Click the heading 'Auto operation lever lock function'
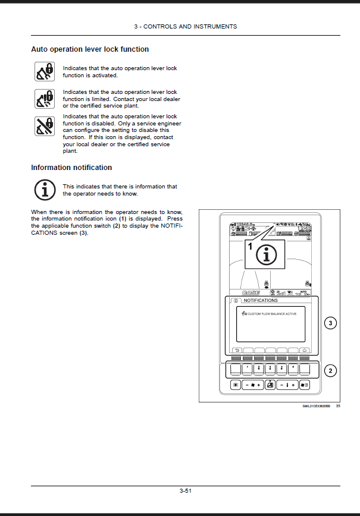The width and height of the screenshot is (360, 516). coord(90,49)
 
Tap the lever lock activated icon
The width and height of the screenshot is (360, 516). coord(43,71)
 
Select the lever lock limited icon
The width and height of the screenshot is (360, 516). coord(43,98)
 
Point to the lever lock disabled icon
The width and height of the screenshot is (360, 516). coord(43,126)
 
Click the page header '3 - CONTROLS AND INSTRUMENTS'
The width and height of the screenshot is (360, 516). coord(185,27)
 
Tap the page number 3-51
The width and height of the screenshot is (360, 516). coord(185,490)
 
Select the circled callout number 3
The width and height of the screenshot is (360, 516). coord(331,323)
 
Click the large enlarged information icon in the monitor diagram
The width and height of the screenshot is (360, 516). coord(267,254)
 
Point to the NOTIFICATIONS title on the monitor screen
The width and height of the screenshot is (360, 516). coord(261,301)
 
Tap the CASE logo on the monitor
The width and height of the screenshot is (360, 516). coord(251,292)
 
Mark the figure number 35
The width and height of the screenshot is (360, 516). coord(338,407)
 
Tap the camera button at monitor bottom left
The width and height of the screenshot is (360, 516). coord(236,385)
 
